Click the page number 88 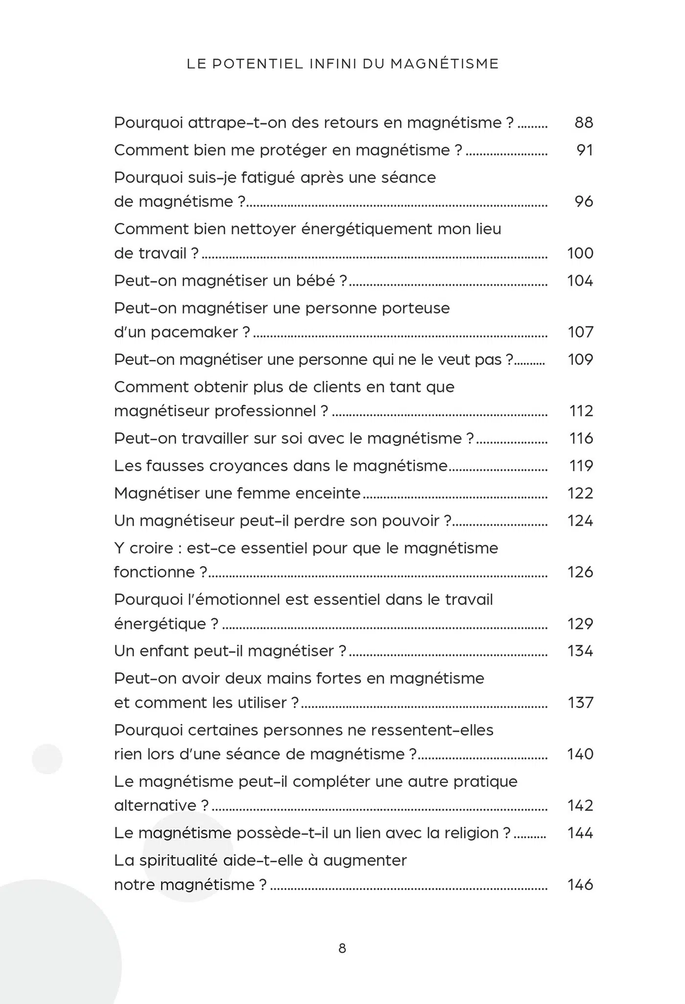(x=584, y=122)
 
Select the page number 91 (x=585, y=150)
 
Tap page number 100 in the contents (x=580, y=253)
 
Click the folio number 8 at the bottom (x=342, y=948)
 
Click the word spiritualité (x=179, y=860)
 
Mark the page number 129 (x=580, y=624)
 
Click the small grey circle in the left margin (x=47, y=759)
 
